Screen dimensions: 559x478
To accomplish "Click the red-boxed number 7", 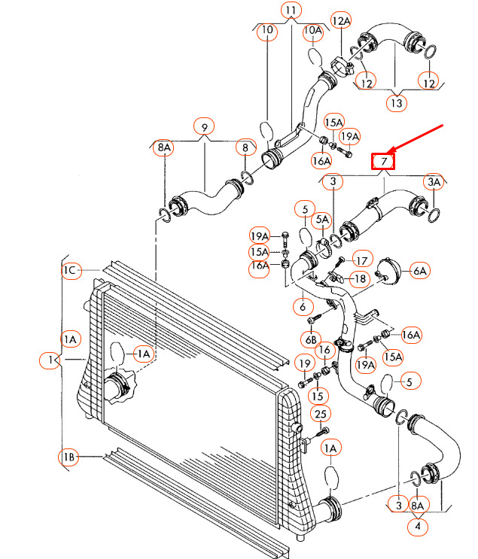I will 383,161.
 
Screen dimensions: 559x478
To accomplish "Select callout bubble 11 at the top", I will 291,11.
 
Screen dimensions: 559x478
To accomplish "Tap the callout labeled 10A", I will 313,31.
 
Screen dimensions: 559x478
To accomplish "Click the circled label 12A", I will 341,20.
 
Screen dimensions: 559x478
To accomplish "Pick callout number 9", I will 203,126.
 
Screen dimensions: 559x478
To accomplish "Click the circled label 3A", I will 434,181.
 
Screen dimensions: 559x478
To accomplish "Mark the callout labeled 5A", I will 323,220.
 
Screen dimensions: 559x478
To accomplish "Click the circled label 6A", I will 419,270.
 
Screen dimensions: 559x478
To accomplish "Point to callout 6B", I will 312,339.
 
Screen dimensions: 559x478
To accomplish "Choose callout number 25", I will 321,415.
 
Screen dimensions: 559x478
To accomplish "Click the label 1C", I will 71,270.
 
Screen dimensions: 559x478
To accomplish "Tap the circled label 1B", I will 69,457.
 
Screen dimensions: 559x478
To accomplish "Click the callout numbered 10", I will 267,31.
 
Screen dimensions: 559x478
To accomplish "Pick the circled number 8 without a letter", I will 245,147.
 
